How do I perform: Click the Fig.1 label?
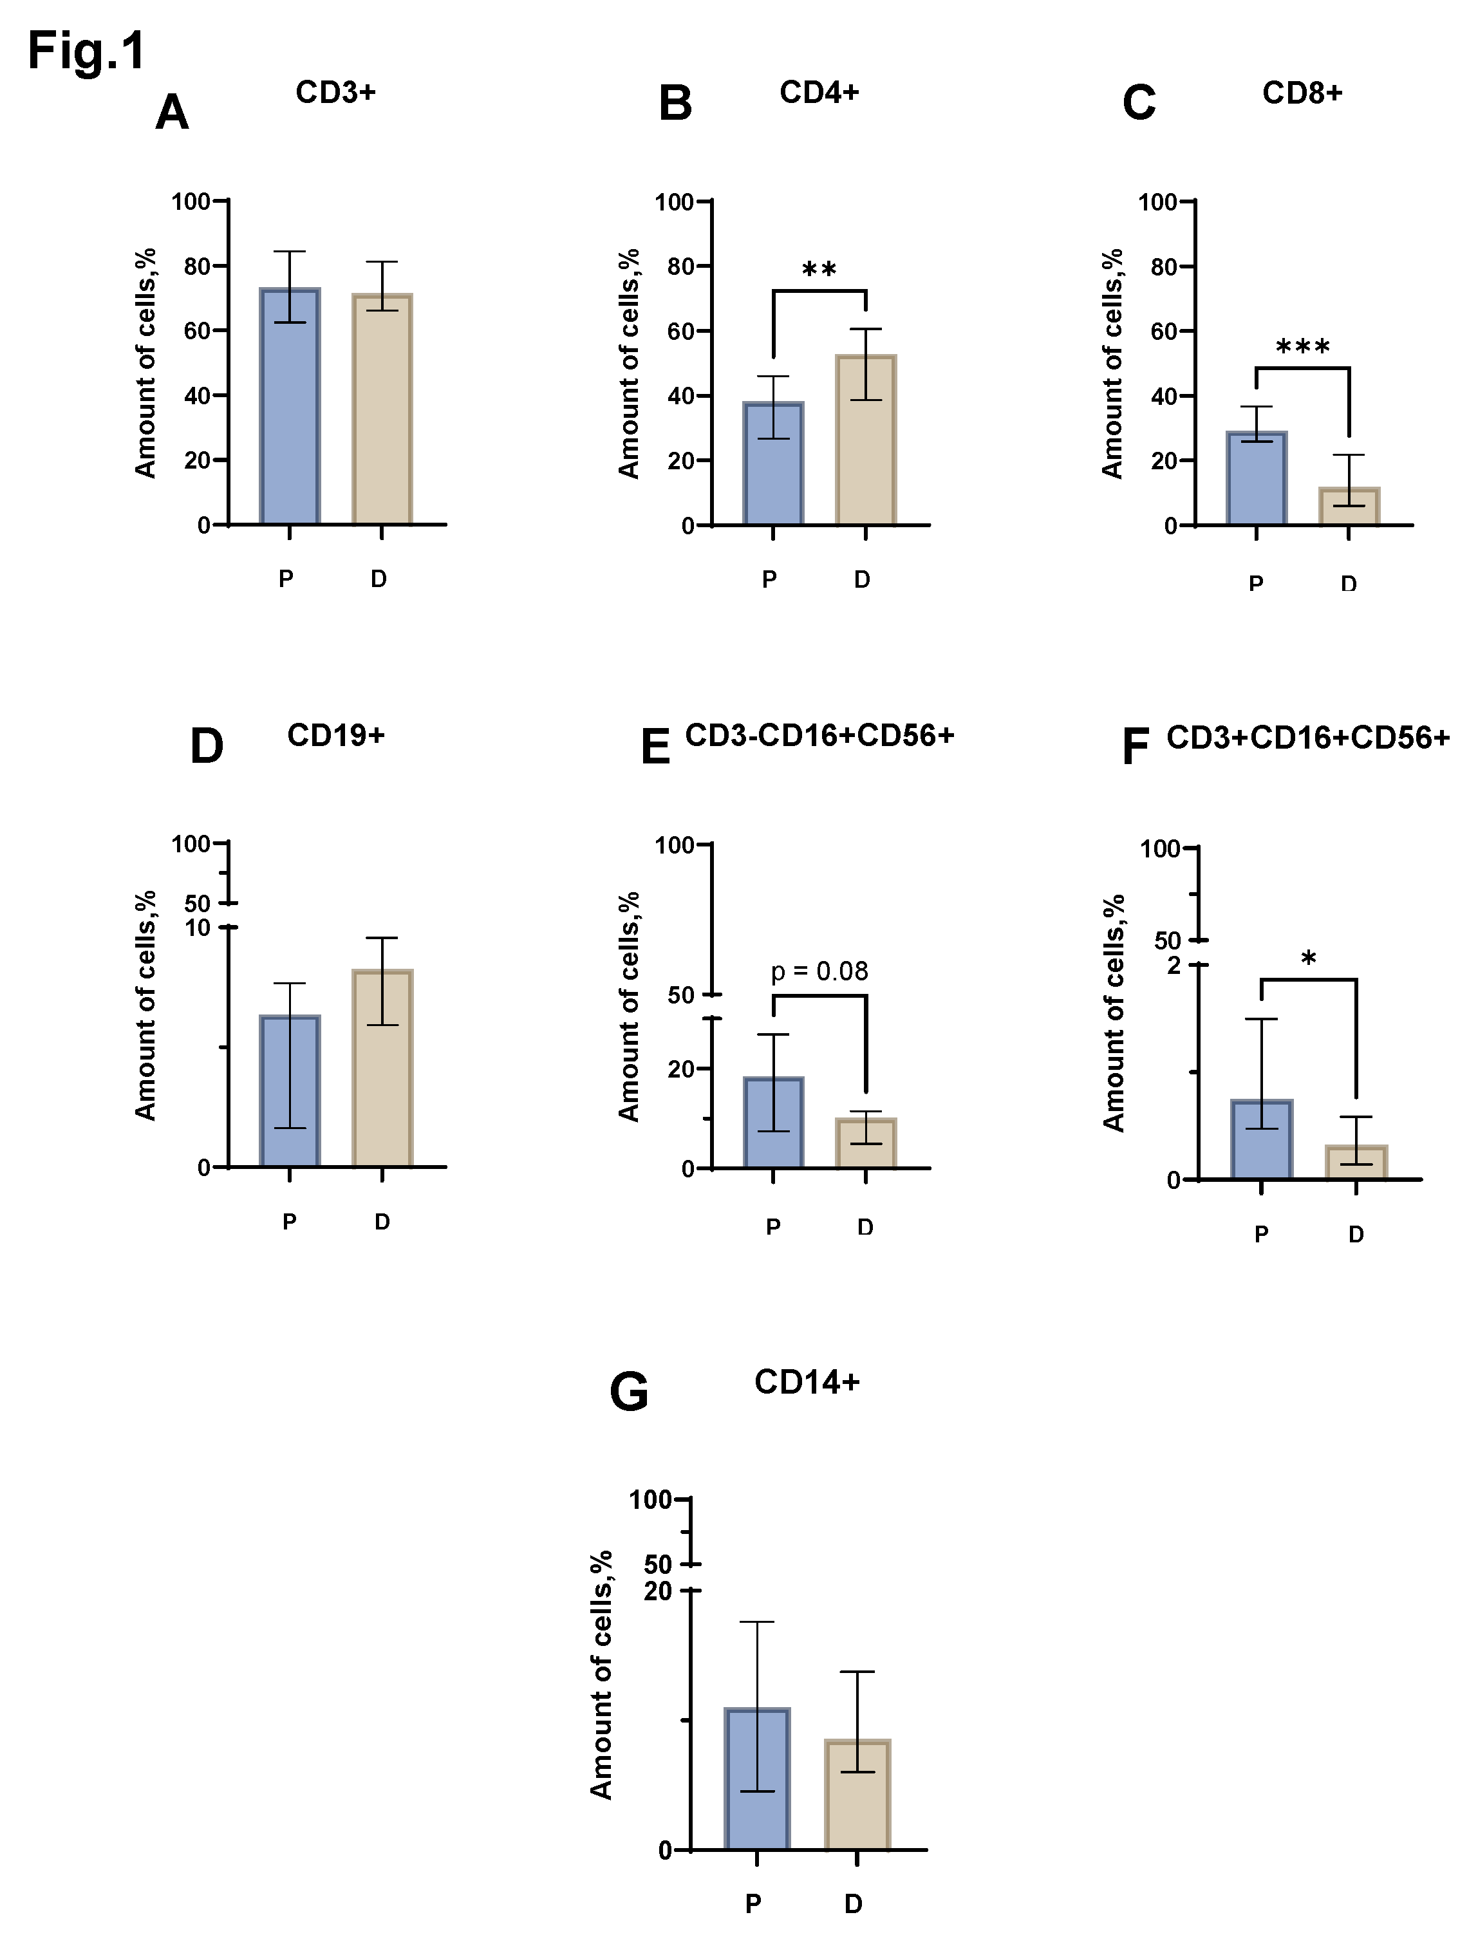[x=86, y=51]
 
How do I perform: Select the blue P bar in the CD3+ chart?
[x=290, y=413]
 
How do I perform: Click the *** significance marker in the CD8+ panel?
[x=1302, y=346]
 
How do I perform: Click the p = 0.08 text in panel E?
[x=819, y=971]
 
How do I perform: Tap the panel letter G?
[x=628, y=1392]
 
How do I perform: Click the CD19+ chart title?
[x=336, y=735]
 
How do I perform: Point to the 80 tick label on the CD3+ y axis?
[x=196, y=266]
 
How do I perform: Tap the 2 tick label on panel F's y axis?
[x=1174, y=965]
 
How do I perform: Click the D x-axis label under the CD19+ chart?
[x=382, y=1222]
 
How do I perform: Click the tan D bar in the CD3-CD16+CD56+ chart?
[x=866, y=1145]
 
